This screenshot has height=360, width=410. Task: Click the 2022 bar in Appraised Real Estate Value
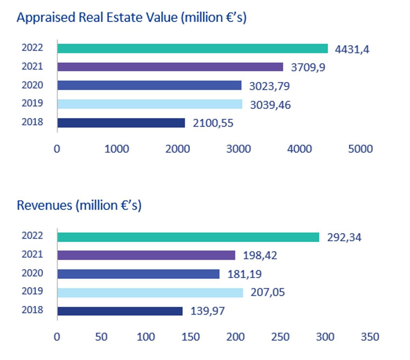point(192,48)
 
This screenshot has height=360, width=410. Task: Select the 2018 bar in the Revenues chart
point(120,311)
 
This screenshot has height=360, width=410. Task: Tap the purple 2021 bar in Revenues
point(146,255)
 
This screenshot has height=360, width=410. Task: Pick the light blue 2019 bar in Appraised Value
point(149,104)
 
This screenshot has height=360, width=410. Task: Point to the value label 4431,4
point(352,49)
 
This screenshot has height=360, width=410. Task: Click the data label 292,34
point(344,237)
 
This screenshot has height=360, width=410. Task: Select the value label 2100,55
point(213,123)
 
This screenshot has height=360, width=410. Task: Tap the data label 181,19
point(245,274)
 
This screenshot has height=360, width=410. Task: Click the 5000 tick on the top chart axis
point(360,149)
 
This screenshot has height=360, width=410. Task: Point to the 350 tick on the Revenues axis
point(370,337)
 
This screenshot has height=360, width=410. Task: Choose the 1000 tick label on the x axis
point(117,149)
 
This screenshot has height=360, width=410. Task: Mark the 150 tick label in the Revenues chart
point(190,337)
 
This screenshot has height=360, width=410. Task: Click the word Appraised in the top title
point(46,17)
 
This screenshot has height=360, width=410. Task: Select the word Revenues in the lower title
point(45,205)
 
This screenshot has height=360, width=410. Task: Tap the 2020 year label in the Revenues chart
point(32,273)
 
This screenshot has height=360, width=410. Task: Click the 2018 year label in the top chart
point(32,122)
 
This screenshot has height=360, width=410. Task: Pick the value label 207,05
point(268,292)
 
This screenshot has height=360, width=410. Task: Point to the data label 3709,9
point(308,67)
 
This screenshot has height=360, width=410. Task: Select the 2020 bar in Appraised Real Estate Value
point(149,85)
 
